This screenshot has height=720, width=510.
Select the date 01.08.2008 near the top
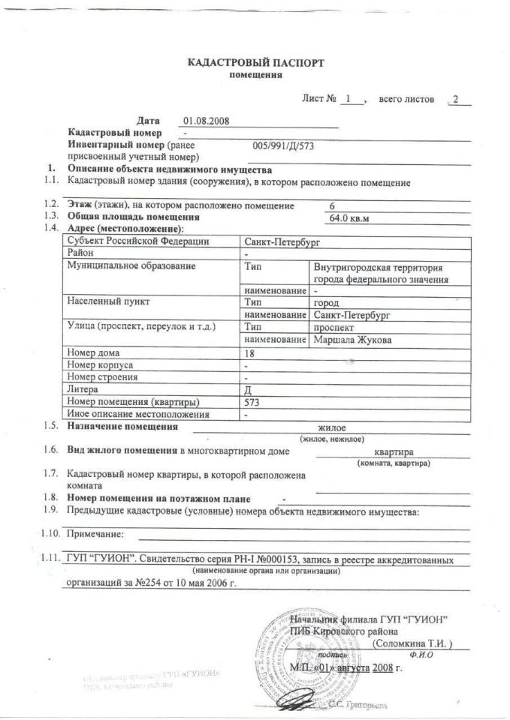(206, 120)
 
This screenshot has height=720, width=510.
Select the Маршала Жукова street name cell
(353, 340)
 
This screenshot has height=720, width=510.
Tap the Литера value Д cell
(249, 389)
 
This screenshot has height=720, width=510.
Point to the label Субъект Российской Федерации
(138, 241)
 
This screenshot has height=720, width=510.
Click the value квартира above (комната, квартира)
(394, 452)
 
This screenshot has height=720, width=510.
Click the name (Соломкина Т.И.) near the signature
(413, 643)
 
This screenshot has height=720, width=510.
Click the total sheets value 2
(455, 99)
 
